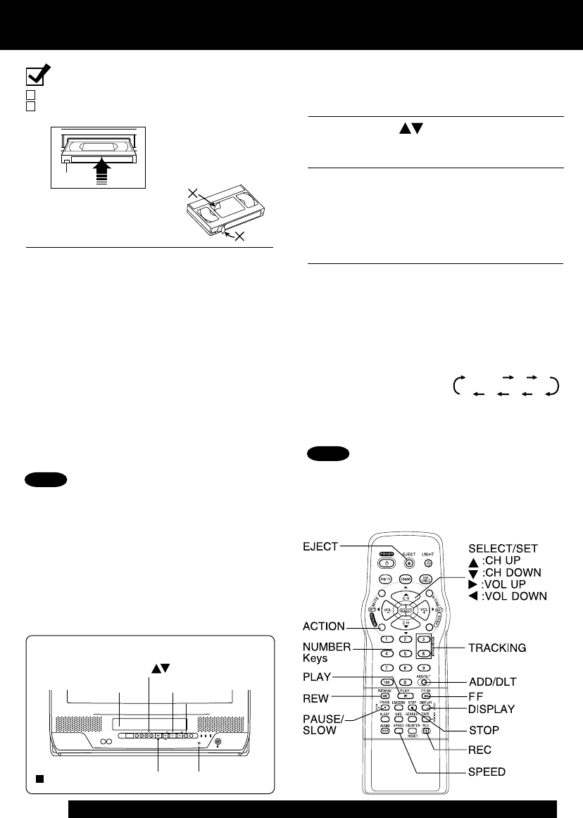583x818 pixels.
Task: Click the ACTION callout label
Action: pyautogui.click(x=324, y=626)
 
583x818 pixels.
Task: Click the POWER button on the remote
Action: pyautogui.click(x=386, y=563)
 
